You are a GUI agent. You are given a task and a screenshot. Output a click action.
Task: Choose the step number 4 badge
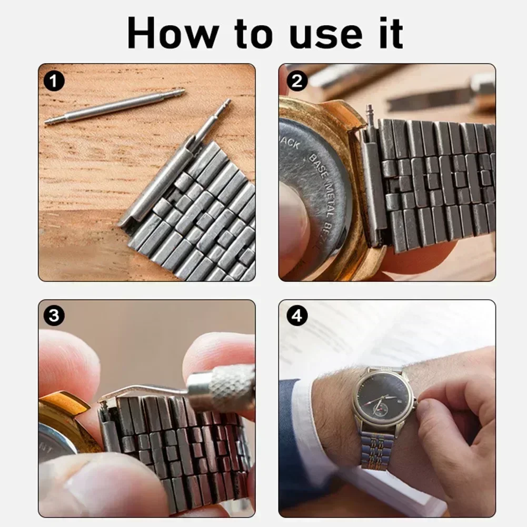[x=297, y=316]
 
